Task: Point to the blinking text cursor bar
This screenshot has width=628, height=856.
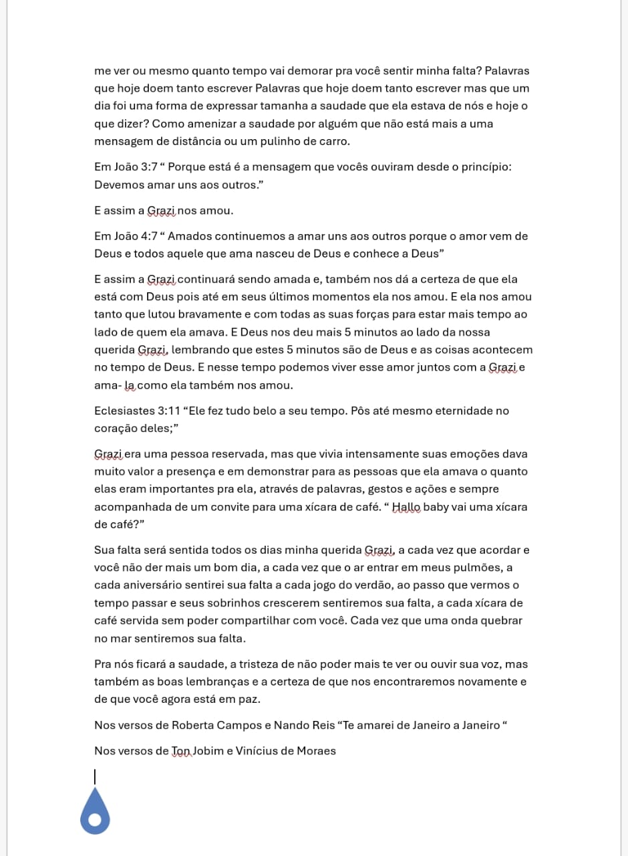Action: click(95, 776)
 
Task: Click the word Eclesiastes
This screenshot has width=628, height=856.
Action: click(124, 411)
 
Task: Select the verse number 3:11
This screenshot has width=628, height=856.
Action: click(168, 411)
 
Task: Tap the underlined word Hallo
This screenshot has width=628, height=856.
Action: click(406, 506)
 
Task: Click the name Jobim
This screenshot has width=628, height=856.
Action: click(210, 751)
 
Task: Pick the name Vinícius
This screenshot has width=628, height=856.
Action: click(259, 751)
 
